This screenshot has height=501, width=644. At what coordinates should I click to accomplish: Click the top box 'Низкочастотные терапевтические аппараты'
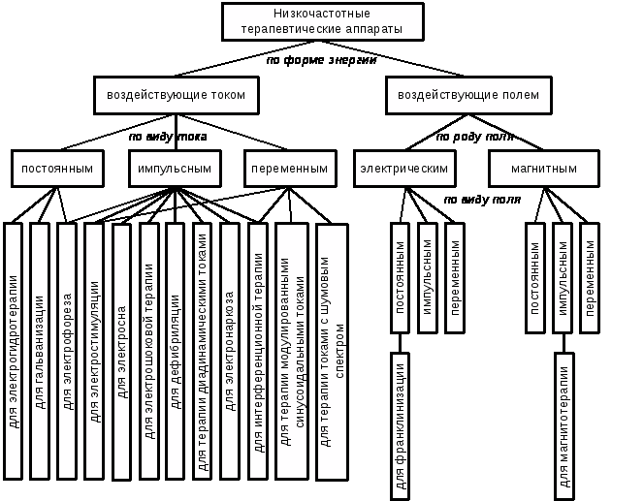coord(323,21)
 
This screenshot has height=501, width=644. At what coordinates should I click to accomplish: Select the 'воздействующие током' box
coord(176,95)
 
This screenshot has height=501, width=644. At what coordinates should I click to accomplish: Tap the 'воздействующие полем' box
coord(468,95)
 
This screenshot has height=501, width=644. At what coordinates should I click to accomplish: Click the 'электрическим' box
coord(403,168)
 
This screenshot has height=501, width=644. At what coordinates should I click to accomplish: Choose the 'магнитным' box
coord(544,168)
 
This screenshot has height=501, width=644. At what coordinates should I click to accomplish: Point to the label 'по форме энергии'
coord(321,60)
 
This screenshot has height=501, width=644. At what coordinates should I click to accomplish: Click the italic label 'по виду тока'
coord(168,137)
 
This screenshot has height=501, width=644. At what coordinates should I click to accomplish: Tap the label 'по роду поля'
coord(474,137)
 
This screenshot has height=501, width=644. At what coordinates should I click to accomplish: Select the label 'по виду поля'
coord(482,200)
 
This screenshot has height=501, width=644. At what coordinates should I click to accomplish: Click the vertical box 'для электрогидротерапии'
coord(13,351)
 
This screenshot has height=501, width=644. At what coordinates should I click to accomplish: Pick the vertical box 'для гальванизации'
coord(40,351)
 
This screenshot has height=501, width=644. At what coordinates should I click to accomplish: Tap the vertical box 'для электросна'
coord(121,352)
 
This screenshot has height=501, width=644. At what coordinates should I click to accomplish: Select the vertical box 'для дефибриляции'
coord(175,351)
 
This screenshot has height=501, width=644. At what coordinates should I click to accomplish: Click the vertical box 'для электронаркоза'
coord(230,351)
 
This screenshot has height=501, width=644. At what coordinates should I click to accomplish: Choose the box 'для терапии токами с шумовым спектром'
coord(332,352)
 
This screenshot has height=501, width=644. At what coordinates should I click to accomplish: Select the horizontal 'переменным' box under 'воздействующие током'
coord(290,168)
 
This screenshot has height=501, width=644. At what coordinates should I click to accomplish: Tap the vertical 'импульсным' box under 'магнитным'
coord(563,278)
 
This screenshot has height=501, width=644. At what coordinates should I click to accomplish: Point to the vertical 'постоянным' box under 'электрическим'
coord(401,278)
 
